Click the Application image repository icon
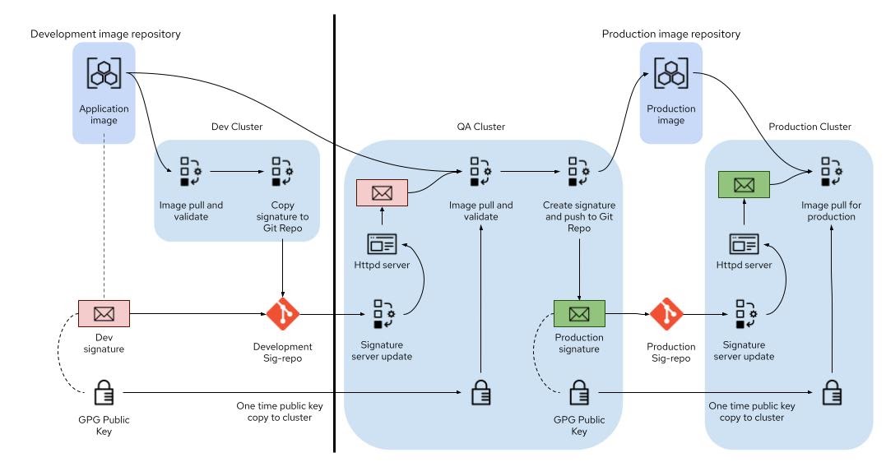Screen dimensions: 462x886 coord(104,73)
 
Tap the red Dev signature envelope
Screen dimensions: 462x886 coord(104,313)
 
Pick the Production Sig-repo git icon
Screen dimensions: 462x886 coord(667,313)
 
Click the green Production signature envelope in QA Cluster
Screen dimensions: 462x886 coord(579,313)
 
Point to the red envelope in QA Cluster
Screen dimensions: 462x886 coord(382,194)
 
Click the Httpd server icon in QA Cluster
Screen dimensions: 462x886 coord(382,244)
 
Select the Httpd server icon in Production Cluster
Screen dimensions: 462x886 coord(744,244)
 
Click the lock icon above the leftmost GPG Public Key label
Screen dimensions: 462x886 coord(104,394)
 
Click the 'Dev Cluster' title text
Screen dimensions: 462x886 coord(236,127)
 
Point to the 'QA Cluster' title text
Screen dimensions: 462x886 coord(480,127)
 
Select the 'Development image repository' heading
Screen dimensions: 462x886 coord(105,34)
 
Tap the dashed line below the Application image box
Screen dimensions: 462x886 coord(104,222)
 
